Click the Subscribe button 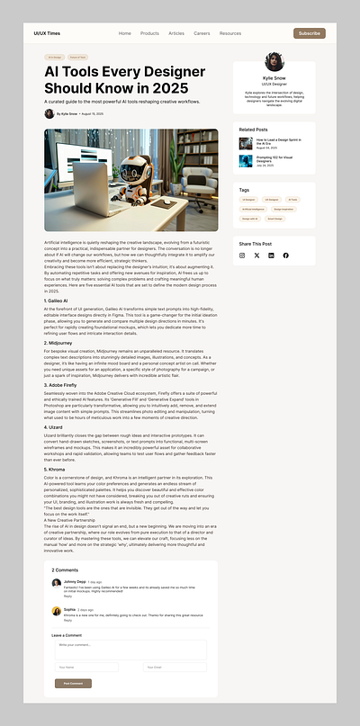pos(309,33)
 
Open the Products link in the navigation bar pos(149,33)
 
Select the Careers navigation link pos(202,33)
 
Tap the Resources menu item pos(230,33)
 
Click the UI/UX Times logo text pos(46,33)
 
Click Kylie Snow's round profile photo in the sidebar pos(274,62)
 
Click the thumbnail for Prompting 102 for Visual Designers pos(246,161)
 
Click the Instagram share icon pos(242,255)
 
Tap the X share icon pos(256,255)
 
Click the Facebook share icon pos(286,255)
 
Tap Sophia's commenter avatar pos(57,611)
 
